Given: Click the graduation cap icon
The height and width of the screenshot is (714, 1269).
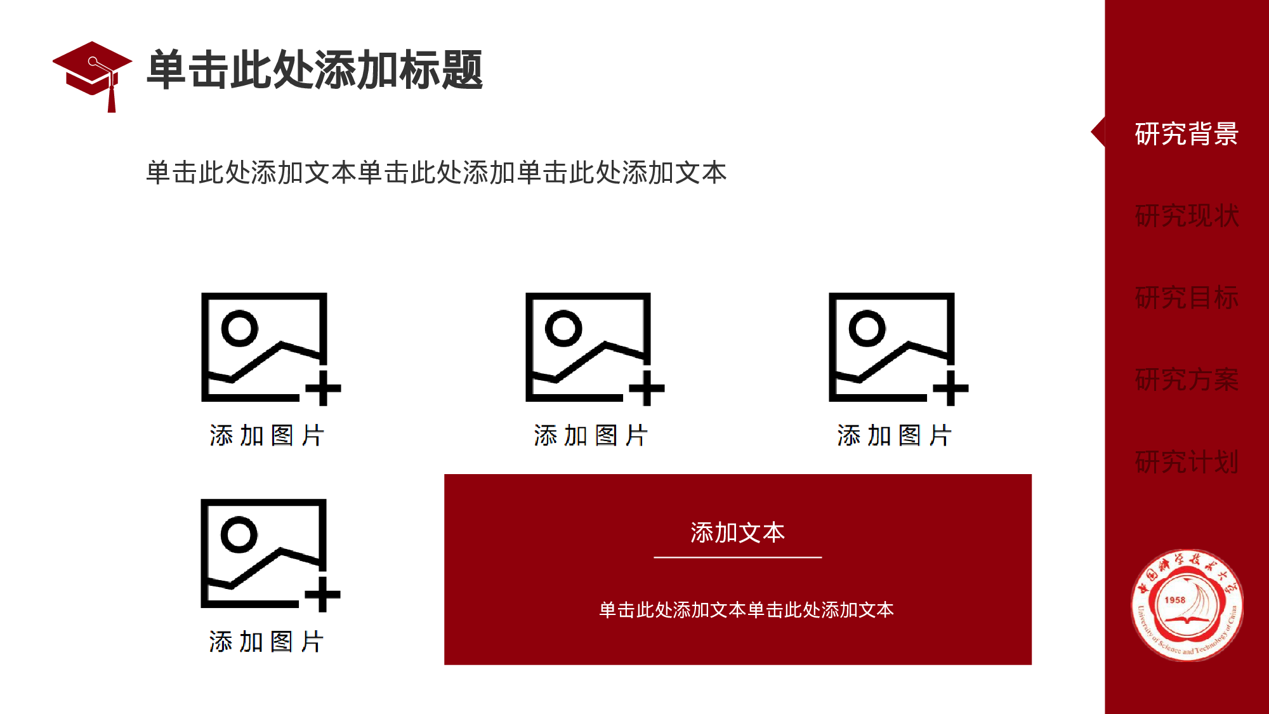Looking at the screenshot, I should [x=93, y=73].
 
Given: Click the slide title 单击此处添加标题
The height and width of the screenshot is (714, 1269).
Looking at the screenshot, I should [x=315, y=70].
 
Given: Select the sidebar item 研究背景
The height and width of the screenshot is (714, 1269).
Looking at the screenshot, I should [x=1186, y=134].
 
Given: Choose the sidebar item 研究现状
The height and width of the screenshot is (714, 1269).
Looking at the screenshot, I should [x=1186, y=216].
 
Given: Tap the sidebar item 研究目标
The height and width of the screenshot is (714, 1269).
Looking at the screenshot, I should [x=1186, y=298].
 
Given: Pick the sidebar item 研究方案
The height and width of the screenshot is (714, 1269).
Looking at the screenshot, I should [x=1186, y=380].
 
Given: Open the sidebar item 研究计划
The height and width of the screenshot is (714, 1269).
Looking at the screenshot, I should [x=1186, y=461].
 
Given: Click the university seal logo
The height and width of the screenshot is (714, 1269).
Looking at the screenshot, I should [x=1187, y=605].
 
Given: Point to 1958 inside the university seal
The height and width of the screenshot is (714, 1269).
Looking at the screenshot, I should [x=1175, y=600].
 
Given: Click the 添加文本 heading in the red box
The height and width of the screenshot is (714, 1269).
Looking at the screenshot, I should [x=737, y=532].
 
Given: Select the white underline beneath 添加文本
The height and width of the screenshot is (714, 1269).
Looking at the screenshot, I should [x=737, y=557].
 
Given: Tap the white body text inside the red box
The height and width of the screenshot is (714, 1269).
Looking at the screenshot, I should [x=746, y=610].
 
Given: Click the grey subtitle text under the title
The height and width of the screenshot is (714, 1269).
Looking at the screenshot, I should [x=436, y=173].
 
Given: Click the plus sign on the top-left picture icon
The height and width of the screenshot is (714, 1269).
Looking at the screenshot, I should [x=324, y=388].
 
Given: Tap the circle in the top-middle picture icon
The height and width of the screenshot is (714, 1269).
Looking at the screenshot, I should [x=563, y=328].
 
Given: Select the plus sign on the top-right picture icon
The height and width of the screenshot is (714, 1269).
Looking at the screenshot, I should [x=950, y=388].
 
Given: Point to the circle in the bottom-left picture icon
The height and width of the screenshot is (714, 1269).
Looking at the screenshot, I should [x=239, y=534].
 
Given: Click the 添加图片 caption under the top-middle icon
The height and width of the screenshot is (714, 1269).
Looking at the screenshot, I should [x=591, y=436].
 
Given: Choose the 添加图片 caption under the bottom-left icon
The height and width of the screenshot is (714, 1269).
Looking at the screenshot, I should [x=266, y=642].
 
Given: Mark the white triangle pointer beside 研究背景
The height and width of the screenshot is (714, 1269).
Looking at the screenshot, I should [x=1098, y=132].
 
